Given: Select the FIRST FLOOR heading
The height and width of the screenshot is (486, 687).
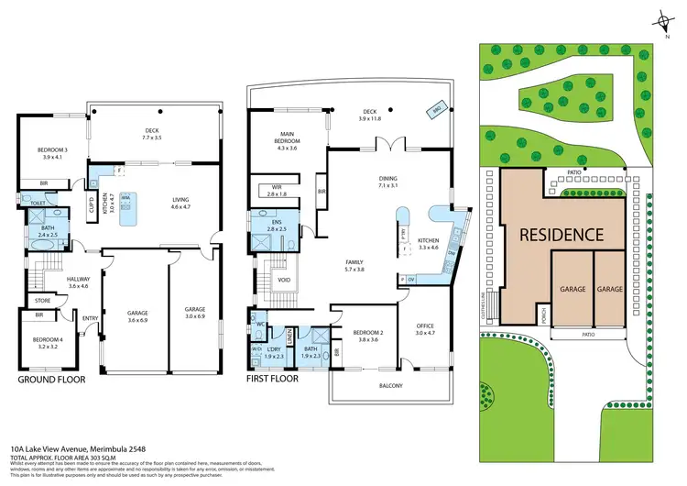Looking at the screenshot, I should (x=273, y=378).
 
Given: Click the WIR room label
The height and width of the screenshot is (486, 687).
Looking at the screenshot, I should (x=277, y=190).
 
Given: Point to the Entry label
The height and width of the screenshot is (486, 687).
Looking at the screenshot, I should (x=90, y=318).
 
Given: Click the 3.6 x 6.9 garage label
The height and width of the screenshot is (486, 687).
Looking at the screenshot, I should (x=136, y=317).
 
